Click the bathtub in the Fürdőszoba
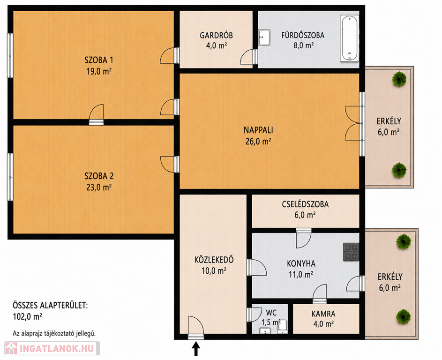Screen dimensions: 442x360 click(x=350, y=38)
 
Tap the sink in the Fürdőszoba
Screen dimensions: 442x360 click(x=264, y=37)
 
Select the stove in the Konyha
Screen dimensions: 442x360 click(x=351, y=252)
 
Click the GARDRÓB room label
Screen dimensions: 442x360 click(x=216, y=36)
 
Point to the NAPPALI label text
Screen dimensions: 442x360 click(x=258, y=130)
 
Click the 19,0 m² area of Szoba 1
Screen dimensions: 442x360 click(x=99, y=71)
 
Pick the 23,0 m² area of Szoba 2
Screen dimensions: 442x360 click(x=99, y=187)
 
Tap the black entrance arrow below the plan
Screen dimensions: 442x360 click(x=196, y=348)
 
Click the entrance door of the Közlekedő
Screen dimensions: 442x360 click(x=195, y=329)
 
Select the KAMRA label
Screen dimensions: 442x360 click(x=323, y=314)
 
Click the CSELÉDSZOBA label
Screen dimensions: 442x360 click(x=305, y=204)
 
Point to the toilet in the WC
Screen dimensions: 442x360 click(x=283, y=326)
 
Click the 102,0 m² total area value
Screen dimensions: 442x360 click(x=27, y=316)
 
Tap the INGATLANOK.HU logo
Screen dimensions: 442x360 click(x=52, y=348)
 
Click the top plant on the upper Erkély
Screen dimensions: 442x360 click(x=399, y=79)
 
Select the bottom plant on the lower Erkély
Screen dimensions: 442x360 click(x=403, y=316)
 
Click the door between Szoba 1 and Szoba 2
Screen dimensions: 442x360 click(x=97, y=114)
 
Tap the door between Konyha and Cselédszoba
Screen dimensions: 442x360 click(x=304, y=238)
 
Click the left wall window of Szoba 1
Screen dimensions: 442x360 click(x=10, y=55)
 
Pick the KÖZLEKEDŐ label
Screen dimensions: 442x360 click(x=214, y=260)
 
